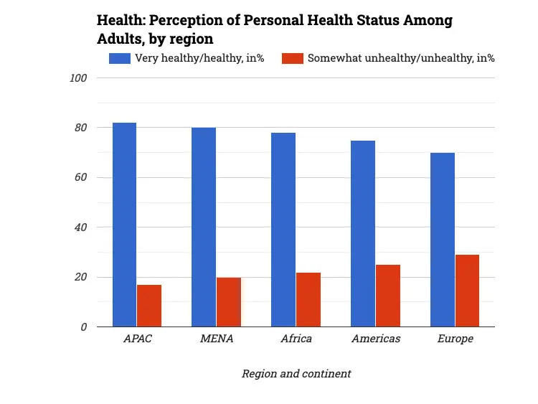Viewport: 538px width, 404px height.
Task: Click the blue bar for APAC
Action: pos(124,225)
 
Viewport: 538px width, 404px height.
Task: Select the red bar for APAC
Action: pos(149,306)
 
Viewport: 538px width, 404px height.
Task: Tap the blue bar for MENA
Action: pos(204,227)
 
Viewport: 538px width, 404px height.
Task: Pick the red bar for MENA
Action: pos(229,302)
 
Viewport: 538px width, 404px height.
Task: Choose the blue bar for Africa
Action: pos(283,230)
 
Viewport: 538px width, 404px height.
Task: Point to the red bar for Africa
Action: pos(308,299)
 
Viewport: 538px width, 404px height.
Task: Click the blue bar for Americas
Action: pos(363,233)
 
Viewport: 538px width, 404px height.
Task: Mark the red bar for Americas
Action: pos(388,296)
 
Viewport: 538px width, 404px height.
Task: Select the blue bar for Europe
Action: pos(443,240)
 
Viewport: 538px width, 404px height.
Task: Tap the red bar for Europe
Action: pos(468,291)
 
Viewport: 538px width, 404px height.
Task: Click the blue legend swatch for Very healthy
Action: pos(119,58)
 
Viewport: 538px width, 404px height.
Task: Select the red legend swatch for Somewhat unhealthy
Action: pos(292,58)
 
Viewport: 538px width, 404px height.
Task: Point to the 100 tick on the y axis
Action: pos(78,78)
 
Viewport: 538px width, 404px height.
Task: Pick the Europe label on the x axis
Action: pos(456,339)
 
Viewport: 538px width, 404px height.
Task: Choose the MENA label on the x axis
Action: pos(217,339)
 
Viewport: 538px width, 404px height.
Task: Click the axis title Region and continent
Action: pos(296,374)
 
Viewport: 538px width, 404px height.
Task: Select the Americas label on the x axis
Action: pos(376,339)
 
